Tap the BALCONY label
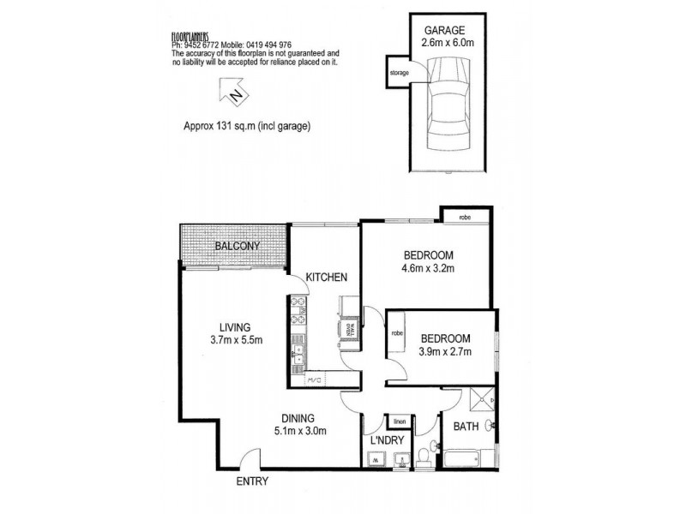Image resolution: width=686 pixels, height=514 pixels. click(238, 246)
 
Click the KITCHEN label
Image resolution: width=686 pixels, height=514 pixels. click(328, 277)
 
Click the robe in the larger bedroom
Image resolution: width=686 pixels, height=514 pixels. click(464, 218)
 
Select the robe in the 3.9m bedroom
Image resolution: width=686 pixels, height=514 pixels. click(398, 347)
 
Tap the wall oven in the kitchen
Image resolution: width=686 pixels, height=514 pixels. click(349, 328)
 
